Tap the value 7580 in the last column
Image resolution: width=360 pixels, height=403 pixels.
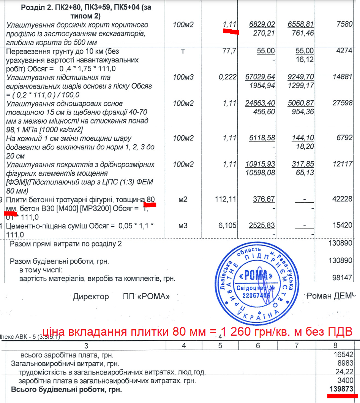[344, 25]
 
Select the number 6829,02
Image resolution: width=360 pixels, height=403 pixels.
[262, 25]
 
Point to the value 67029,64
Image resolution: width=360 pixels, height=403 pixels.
[260, 77]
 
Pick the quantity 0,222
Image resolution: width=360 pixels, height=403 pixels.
[227, 77]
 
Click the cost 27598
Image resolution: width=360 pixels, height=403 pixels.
[343, 103]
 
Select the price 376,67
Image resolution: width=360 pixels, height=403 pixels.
[264, 199]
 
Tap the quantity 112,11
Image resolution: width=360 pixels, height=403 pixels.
[226, 199]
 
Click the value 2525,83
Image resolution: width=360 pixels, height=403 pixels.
[262, 225]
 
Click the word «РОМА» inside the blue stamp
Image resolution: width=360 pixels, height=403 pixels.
[254, 275]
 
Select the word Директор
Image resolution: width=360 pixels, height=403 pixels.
[91, 297]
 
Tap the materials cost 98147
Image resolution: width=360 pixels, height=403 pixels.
[343, 278]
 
